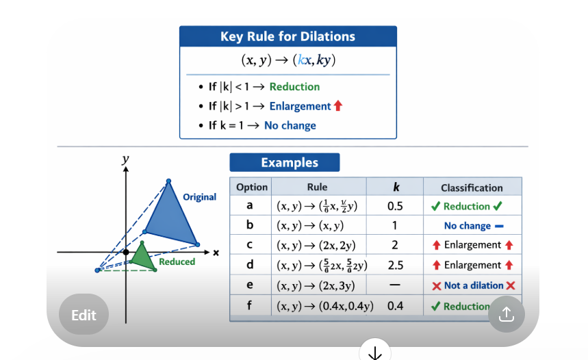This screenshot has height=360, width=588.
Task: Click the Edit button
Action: [84, 315]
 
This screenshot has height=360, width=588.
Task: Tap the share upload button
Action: [506, 314]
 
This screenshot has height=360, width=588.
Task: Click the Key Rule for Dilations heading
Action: [287, 37]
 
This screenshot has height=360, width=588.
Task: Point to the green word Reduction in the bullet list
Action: [294, 87]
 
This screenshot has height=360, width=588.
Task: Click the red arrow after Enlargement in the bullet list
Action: [337, 106]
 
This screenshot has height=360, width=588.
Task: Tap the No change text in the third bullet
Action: [290, 125]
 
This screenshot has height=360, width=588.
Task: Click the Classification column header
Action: [472, 188]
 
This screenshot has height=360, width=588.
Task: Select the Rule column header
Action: [318, 187]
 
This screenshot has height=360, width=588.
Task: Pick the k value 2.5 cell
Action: [395, 265]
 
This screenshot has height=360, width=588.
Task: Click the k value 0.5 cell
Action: [395, 206]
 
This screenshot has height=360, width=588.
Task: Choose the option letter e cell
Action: [250, 285]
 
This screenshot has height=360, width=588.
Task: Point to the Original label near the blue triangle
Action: [199, 197]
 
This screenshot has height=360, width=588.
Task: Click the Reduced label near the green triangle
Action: [177, 261]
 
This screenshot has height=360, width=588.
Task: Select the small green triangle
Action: [142, 258]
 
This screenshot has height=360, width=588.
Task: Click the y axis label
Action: [125, 159]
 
